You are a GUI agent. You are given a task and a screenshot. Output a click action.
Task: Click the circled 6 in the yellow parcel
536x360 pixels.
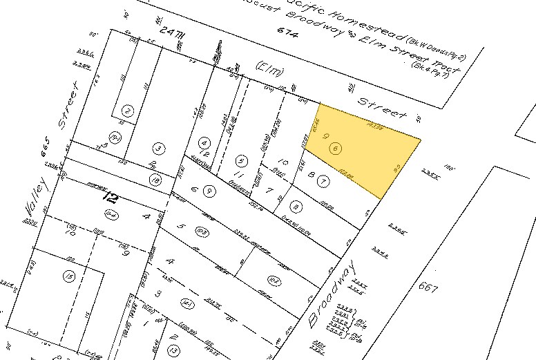[336, 149]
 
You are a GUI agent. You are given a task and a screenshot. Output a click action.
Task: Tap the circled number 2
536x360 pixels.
[127, 110]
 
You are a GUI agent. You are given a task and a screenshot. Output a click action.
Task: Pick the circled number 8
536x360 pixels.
[296, 205]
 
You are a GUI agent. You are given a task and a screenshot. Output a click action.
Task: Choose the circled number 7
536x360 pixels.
[322, 182]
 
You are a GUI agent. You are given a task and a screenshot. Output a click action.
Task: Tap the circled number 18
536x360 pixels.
[155, 180]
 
